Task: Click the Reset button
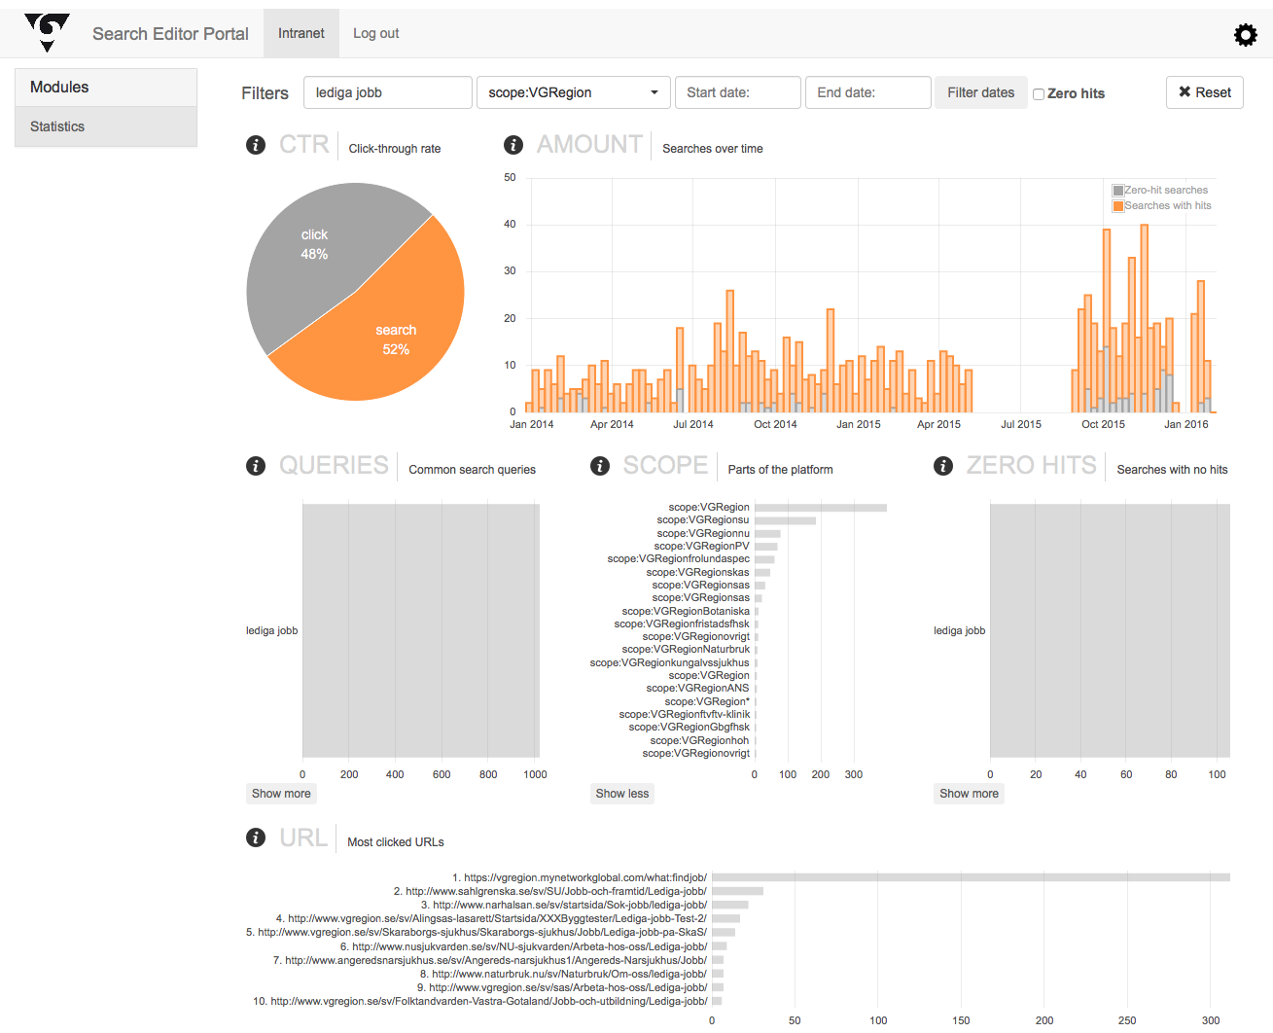coord(1204,92)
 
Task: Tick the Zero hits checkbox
coord(1039,94)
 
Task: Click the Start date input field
coord(737,92)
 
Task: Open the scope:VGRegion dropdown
coord(573,92)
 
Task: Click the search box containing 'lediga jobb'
coord(387,92)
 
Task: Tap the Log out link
coord(375,33)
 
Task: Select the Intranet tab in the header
coord(301,33)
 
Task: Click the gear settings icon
coord(1245,36)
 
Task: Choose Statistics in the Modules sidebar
coord(57,126)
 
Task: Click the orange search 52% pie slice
coord(389,331)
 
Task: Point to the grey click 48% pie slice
coord(311,253)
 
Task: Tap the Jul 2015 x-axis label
coord(1021,424)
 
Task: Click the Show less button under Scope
coord(622,794)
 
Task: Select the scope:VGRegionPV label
coord(701,546)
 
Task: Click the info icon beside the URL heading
coord(256,837)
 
